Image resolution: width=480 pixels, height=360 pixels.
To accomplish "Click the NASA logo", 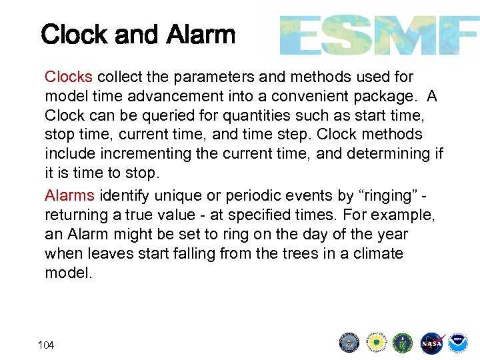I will pos(430,343).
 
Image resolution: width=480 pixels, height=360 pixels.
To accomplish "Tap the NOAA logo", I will pos(457,343).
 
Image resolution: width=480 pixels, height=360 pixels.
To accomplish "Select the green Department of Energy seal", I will pos(403,343).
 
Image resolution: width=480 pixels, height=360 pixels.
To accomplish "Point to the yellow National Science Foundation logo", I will pos(376,343).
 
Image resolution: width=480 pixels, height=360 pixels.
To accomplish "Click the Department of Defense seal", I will pos(349,343).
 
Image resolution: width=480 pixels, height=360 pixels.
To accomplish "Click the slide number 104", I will pos(47,345).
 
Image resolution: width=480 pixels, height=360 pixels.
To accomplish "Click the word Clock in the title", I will pos(74,35).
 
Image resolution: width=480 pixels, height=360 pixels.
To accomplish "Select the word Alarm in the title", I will pos(201,35).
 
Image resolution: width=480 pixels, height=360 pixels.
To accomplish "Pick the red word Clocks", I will pos(68,77).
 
